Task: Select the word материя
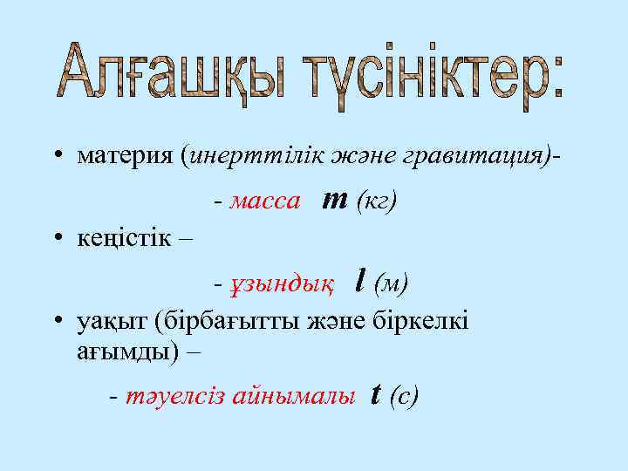[126, 156]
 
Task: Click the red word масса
[266, 202]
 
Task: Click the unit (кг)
[377, 202]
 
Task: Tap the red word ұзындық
[280, 283]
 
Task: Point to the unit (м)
[391, 283]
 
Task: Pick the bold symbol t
[375, 395]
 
